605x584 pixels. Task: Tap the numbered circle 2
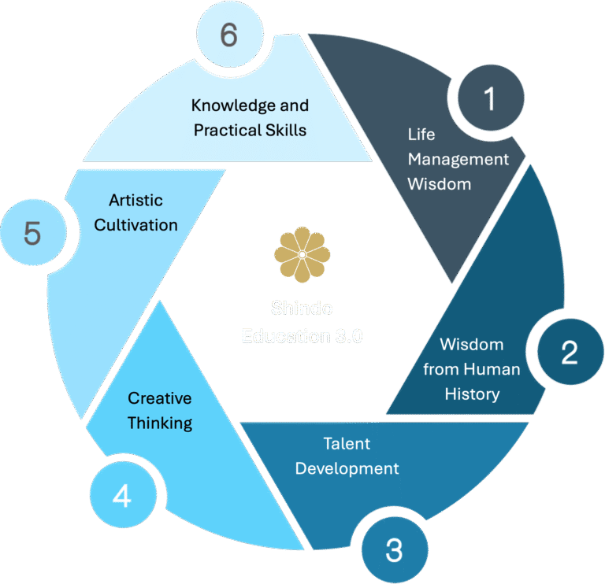[x=569, y=353]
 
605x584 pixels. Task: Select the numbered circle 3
[x=394, y=549]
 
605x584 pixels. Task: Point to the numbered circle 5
[x=32, y=234]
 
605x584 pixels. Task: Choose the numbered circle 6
[x=228, y=36]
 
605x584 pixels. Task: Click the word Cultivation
[x=135, y=224]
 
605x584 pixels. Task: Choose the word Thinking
[x=159, y=423]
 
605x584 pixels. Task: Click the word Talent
[x=347, y=443]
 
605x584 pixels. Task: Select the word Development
[x=347, y=468]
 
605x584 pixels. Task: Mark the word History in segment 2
[x=472, y=394]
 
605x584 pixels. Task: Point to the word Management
[x=458, y=159]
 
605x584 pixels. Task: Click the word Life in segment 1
[x=421, y=134]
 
